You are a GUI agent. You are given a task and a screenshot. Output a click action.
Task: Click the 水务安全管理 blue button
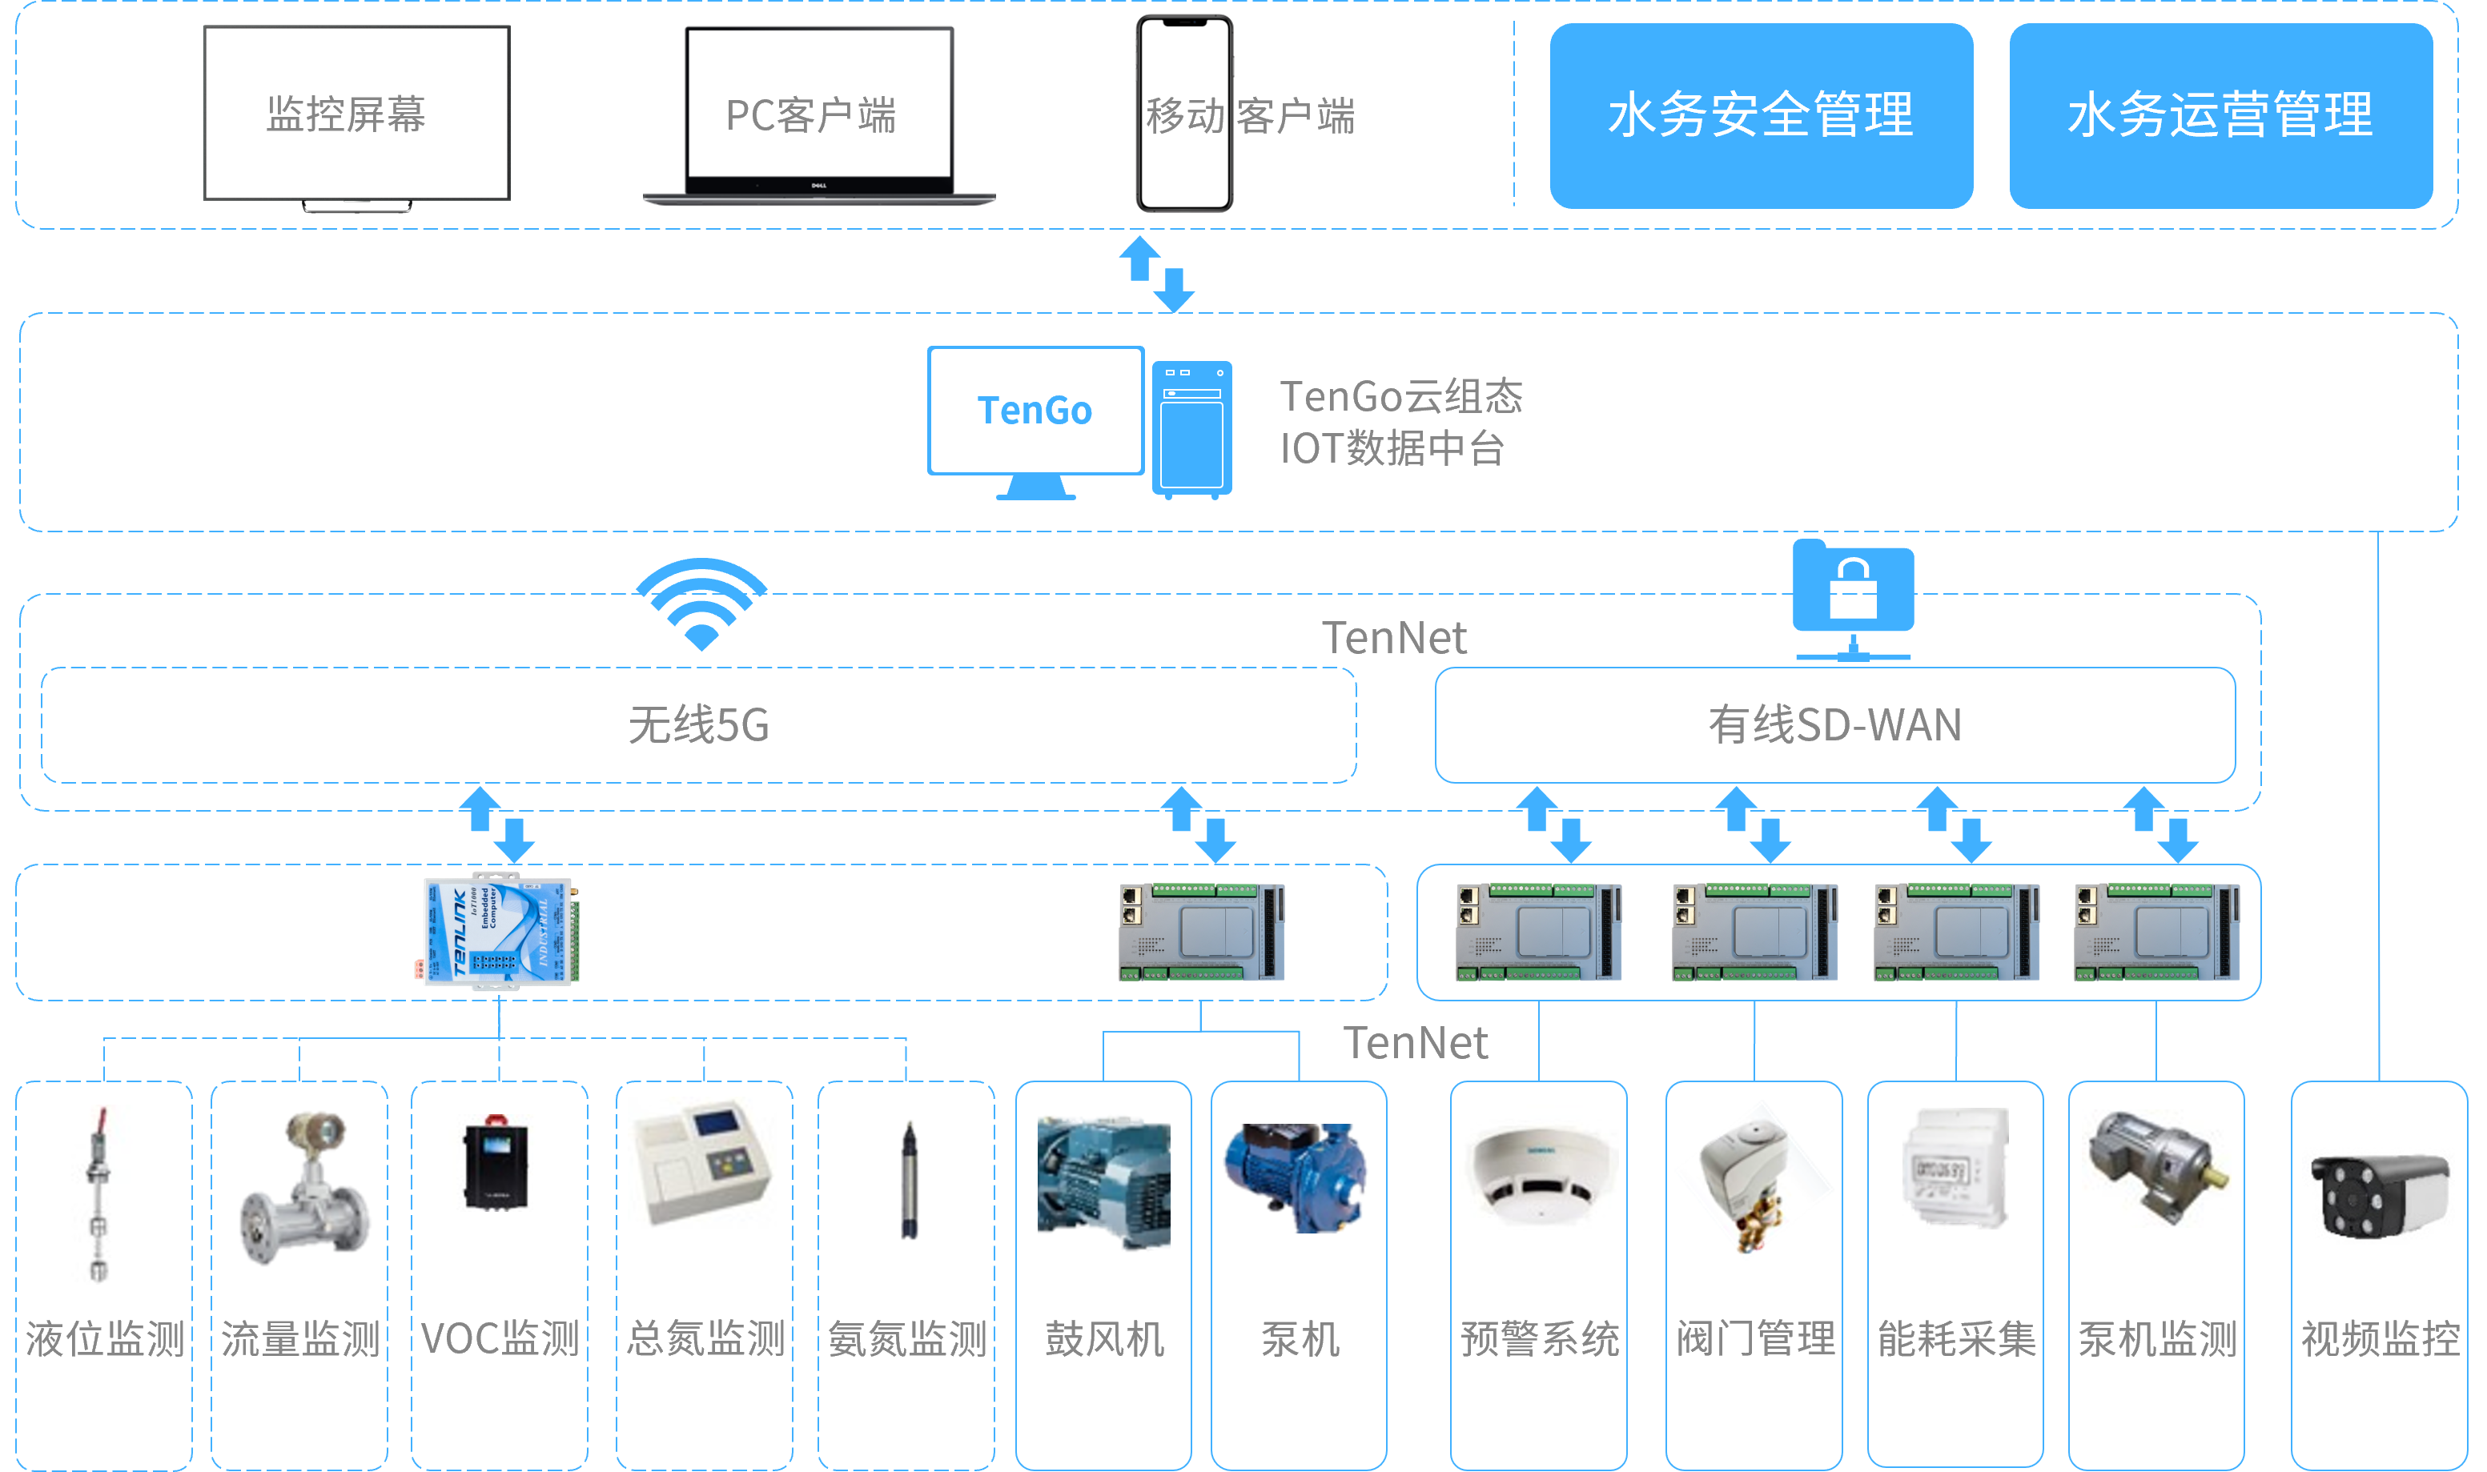(x=1761, y=115)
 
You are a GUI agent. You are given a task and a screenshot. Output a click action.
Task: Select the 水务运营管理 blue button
(x=2220, y=115)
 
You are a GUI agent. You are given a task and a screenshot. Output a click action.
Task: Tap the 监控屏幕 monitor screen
(x=356, y=113)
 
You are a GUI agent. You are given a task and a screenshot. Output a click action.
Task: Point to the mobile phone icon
(x=1183, y=113)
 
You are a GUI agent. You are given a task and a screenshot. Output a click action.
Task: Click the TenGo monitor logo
(x=1035, y=411)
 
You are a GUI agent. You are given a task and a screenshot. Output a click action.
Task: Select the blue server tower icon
(x=1191, y=428)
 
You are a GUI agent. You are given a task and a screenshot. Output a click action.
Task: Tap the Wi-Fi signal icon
(x=701, y=602)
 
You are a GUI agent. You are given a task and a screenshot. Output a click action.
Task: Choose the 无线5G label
(x=698, y=725)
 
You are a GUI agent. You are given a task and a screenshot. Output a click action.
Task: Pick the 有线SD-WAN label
(x=1834, y=725)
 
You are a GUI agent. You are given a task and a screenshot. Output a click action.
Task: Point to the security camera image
(x=2380, y=1195)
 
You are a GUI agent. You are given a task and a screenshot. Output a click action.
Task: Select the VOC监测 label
(x=499, y=1339)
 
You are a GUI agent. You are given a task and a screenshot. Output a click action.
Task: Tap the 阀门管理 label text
(x=1755, y=1339)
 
